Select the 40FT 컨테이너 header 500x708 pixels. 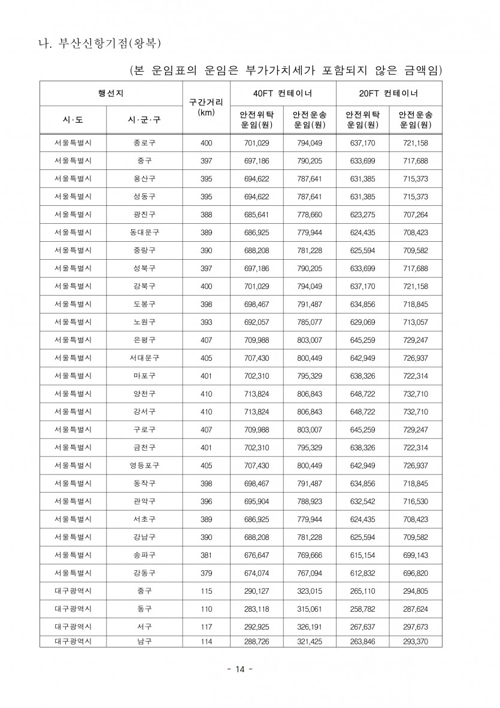coord(283,93)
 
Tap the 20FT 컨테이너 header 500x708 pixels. coord(389,93)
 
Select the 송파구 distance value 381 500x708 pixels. coord(206,555)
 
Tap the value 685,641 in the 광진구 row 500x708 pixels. coord(256,215)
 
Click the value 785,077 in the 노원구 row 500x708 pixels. coord(310,322)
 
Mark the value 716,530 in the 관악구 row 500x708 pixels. coord(416,501)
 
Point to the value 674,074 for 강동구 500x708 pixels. coord(256,573)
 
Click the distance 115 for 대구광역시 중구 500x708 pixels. coord(206,591)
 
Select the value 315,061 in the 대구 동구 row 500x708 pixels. coord(310,609)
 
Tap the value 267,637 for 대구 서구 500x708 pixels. coord(362,627)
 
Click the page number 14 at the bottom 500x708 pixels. coord(240,669)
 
